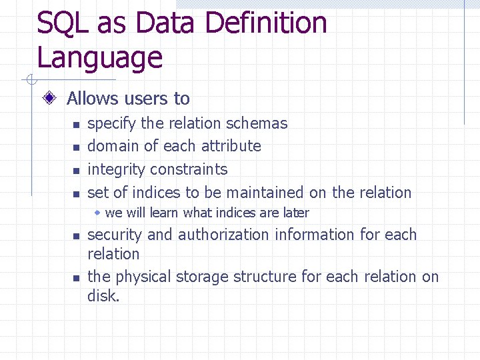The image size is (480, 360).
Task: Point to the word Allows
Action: coord(93,99)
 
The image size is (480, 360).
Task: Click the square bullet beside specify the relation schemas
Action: coord(76,125)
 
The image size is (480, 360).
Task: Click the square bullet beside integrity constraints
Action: coord(76,171)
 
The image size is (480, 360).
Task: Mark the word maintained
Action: coord(265,193)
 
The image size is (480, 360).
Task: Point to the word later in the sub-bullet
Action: coord(296,213)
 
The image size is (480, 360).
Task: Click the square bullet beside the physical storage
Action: coord(76,278)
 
